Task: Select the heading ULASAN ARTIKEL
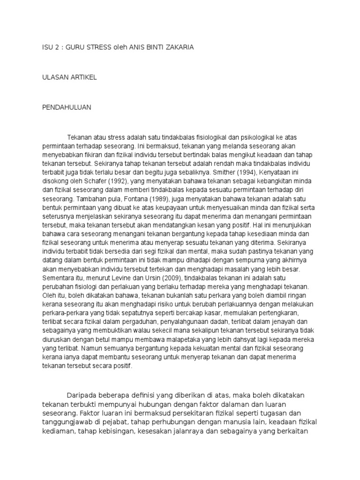(x=69, y=77)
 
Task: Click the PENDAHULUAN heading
(x=67, y=107)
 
